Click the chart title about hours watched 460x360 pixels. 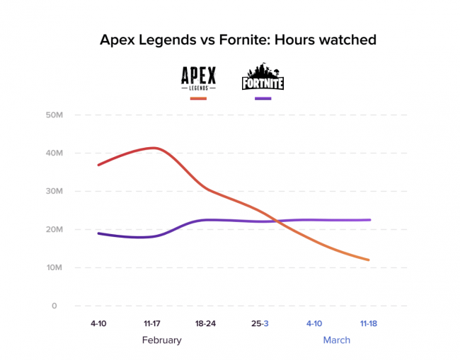(x=237, y=40)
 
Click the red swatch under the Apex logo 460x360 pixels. (x=199, y=98)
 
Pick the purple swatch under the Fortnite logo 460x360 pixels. (x=263, y=98)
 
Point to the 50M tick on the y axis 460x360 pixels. (x=54, y=115)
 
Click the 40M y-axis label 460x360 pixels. (x=54, y=153)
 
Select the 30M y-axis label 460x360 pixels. (x=54, y=191)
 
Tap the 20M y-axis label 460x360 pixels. (x=54, y=229)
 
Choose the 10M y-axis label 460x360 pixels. (x=54, y=267)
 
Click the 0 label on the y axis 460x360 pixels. (x=53, y=306)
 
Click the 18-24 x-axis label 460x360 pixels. (x=205, y=323)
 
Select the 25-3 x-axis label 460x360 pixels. (x=260, y=323)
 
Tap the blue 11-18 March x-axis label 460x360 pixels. (x=368, y=323)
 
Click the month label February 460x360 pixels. (x=161, y=340)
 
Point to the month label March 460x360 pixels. (x=336, y=340)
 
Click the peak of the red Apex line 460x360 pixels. (x=151, y=148)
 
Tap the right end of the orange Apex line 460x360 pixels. (x=368, y=260)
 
